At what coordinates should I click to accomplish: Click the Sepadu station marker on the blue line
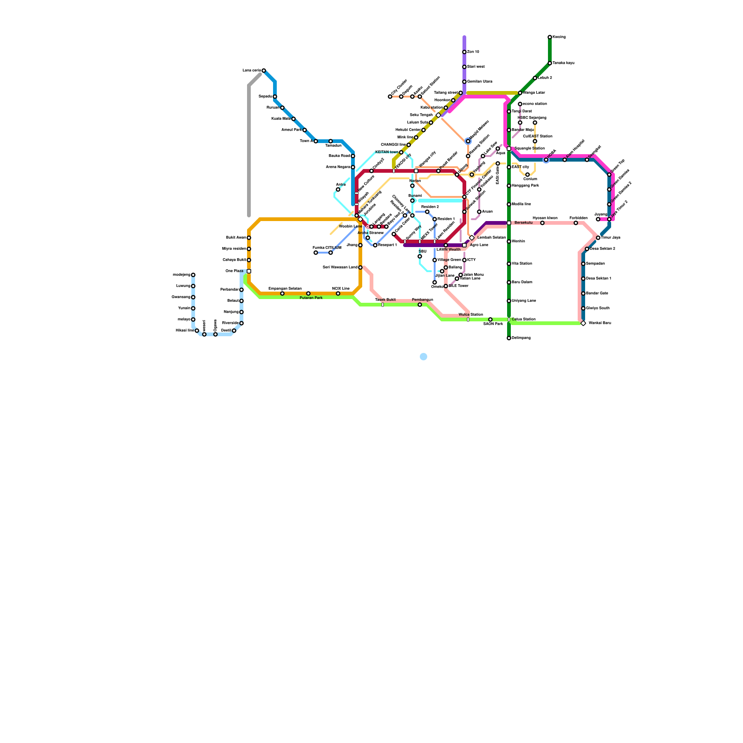pyautogui.click(x=275, y=97)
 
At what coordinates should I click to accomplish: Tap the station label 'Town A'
pyautogui.click(x=306, y=141)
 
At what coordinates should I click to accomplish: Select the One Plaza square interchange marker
pyautogui.click(x=249, y=271)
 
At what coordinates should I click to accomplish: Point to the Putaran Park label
pyautogui.click(x=311, y=298)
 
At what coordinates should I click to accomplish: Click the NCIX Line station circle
pyautogui.click(x=338, y=293)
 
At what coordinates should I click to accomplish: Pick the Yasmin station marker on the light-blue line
pyautogui.click(x=193, y=308)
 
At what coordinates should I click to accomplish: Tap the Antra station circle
pyautogui.click(x=338, y=189)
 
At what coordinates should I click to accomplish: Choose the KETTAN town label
pyautogui.click(x=386, y=152)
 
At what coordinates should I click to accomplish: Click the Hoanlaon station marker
pyautogui.click(x=453, y=100)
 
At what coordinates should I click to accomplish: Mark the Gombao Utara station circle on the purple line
pyautogui.click(x=464, y=82)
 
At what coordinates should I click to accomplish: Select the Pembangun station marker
pyautogui.click(x=420, y=305)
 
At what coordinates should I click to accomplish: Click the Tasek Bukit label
pyautogui.click(x=385, y=300)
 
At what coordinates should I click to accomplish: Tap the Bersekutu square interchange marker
pyautogui.click(x=509, y=223)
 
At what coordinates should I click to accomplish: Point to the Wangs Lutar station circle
pyautogui.click(x=520, y=93)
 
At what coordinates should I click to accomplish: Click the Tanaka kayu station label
pyautogui.click(x=563, y=63)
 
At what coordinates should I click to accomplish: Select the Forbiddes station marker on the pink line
pyautogui.click(x=576, y=223)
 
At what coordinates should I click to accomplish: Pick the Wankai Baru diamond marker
pyautogui.click(x=583, y=323)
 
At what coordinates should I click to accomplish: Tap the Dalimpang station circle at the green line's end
pyautogui.click(x=509, y=338)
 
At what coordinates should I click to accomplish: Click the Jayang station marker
pyautogui.click(x=598, y=219)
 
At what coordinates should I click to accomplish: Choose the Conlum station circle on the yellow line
pyautogui.click(x=528, y=175)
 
